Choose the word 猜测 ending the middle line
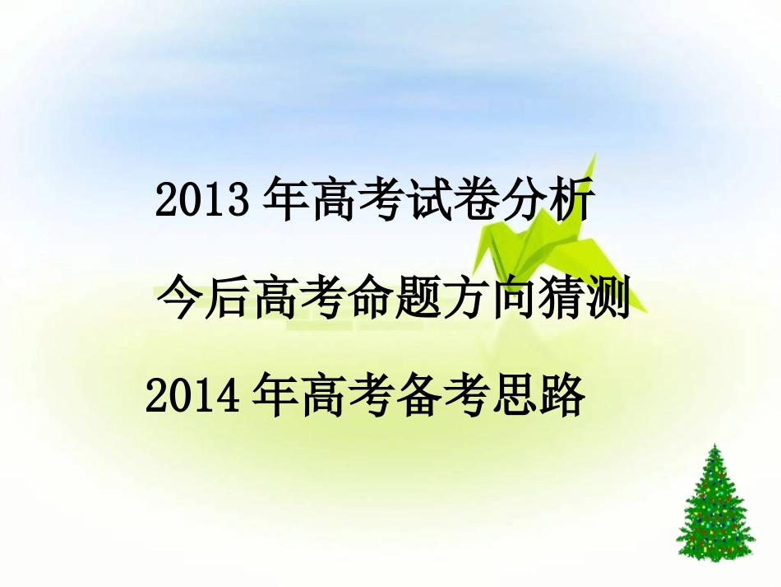584,299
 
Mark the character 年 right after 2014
275,396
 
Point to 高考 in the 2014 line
346,396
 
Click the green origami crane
534,247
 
